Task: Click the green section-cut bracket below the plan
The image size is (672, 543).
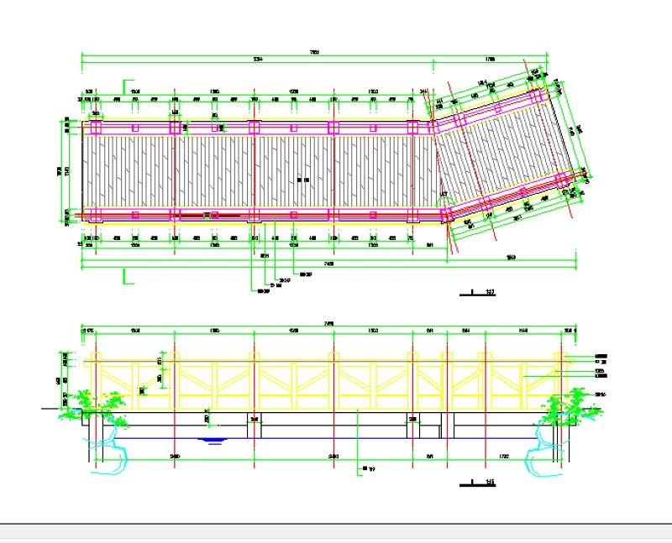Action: click(127, 277)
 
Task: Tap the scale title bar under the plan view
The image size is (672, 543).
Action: click(480, 294)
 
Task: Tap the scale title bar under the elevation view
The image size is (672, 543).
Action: click(480, 483)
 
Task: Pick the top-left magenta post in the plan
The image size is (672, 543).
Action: click(94, 128)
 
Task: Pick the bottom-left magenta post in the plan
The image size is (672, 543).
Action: click(94, 214)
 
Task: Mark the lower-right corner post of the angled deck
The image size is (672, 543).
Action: click(580, 177)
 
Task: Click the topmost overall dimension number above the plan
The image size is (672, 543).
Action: click(313, 52)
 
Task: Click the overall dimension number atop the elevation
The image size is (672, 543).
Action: click(328, 324)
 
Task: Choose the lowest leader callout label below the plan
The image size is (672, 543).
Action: click(263, 291)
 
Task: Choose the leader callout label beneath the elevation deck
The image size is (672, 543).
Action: click(367, 468)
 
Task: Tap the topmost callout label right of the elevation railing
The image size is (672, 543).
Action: click(601, 356)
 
